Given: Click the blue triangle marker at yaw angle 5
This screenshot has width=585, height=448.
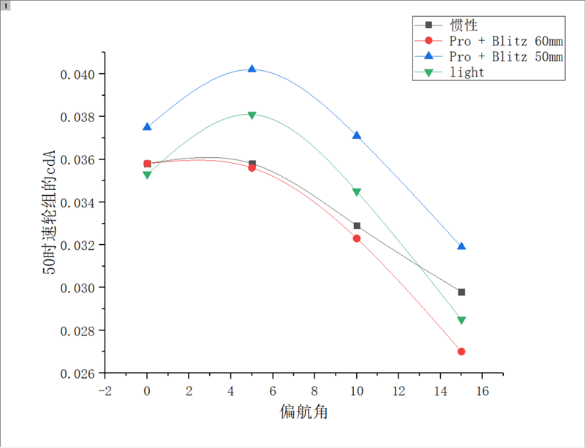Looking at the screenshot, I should pos(252,69).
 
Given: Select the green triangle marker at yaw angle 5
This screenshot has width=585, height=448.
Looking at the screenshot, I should pos(252,115).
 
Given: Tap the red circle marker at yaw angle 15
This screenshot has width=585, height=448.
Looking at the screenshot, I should pos(461,352).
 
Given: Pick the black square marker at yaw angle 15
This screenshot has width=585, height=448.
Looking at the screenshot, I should pos(461,292).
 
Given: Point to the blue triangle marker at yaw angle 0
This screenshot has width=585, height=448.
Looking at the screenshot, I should pos(147,126).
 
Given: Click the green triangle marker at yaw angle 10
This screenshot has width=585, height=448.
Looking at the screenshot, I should pos(357,192).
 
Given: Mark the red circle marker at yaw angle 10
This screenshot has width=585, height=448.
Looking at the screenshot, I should pos(357,238).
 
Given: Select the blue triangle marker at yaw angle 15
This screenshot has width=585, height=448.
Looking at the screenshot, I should pos(461,246).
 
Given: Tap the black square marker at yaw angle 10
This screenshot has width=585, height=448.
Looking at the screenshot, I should pos(357,226).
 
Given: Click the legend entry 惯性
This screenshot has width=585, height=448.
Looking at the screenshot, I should pos(464,25).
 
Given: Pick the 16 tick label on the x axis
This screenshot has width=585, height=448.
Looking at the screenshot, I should pos(482,391).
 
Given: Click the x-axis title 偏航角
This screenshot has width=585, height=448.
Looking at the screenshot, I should pos(303,412).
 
